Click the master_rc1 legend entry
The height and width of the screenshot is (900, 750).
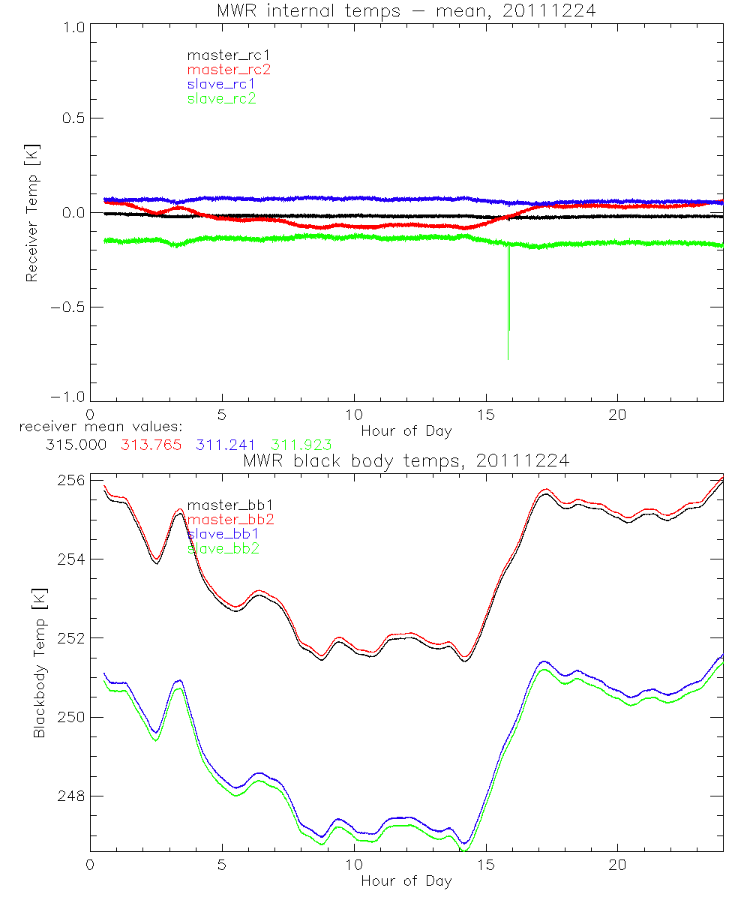click(222, 55)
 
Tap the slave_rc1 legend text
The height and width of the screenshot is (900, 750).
click(222, 84)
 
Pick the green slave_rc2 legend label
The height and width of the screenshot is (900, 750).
click(222, 98)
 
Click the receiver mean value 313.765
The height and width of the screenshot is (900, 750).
click(151, 445)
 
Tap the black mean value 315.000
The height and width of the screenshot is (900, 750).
click(76, 445)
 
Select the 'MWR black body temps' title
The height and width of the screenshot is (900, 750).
click(406, 460)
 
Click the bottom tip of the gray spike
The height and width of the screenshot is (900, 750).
click(508, 359)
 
